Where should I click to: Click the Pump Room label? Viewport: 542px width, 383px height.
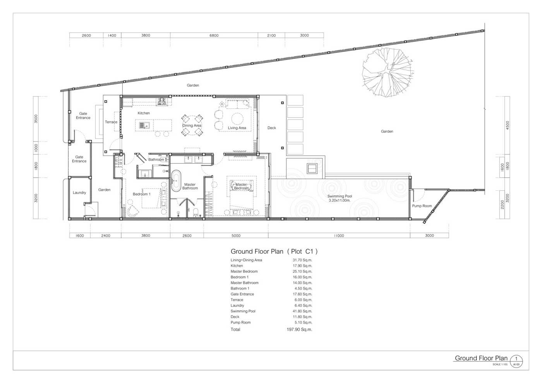point(422,206)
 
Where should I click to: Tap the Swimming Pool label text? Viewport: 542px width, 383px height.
point(340,197)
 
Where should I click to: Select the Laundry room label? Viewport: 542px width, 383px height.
point(79,193)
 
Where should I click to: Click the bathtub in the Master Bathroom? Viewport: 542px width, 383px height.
point(176,181)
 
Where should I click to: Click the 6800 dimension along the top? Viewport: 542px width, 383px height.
point(214,35)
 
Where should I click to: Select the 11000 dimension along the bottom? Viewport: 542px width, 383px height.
point(339,236)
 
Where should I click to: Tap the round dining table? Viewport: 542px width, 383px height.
point(192,125)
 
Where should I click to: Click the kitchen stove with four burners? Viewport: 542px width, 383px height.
point(162,101)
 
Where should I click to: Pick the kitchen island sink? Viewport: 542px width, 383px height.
point(144,125)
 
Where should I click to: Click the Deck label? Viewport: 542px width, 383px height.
point(272,128)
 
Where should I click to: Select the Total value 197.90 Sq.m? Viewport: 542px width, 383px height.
point(299,329)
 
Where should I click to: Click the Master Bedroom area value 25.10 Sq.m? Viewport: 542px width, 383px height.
point(302,272)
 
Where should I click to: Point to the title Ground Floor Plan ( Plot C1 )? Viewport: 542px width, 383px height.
point(274,251)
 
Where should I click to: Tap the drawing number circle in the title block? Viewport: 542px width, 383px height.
point(516,362)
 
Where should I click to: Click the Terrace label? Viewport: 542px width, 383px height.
point(111,122)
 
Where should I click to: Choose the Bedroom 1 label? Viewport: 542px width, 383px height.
point(142,194)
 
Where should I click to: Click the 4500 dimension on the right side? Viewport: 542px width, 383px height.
point(508,125)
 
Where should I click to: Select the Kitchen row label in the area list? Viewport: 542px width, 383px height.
point(237,266)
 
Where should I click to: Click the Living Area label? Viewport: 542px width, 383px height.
point(237,128)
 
